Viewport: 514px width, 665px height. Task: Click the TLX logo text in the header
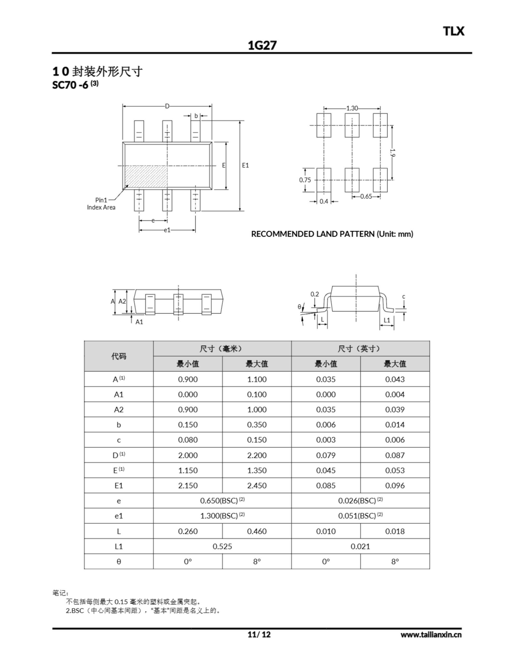[x=453, y=31]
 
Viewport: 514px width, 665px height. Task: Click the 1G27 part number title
[x=262, y=46]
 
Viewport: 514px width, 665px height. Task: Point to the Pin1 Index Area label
[x=101, y=204]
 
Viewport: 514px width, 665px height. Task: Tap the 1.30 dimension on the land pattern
[x=352, y=108]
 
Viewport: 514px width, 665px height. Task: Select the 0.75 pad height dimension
[x=305, y=180]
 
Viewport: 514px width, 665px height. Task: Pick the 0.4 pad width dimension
[x=324, y=201]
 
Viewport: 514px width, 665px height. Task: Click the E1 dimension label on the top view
[x=245, y=165]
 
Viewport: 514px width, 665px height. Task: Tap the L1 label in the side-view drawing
[x=387, y=320]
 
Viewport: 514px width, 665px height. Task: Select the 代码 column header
[x=118, y=356]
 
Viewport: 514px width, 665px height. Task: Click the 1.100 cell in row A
[x=256, y=380]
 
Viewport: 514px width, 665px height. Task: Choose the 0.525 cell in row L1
[x=222, y=547]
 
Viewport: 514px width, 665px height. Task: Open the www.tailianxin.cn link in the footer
[x=431, y=635]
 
